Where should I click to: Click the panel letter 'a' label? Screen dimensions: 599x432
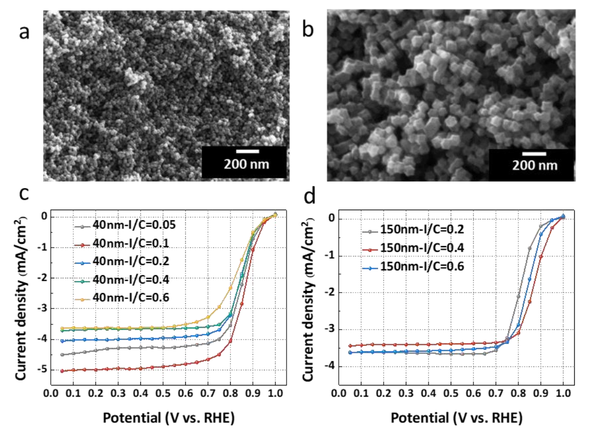(x=24, y=32)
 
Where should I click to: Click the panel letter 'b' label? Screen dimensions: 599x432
(x=308, y=29)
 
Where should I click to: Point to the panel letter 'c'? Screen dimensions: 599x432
(x=24, y=194)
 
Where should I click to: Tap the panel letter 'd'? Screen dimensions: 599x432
(x=309, y=195)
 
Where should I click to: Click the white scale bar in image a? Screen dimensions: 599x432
(x=248, y=152)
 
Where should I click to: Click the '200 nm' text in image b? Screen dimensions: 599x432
(x=535, y=165)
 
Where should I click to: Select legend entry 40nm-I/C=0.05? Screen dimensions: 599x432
(x=125, y=225)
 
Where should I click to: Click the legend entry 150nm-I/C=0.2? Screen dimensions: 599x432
(x=413, y=229)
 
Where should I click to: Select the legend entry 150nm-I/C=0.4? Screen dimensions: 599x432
(x=413, y=248)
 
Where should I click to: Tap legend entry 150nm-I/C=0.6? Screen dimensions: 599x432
(x=413, y=266)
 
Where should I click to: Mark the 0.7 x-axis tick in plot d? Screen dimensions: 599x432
(x=496, y=393)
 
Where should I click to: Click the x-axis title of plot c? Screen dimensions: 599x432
(x=168, y=418)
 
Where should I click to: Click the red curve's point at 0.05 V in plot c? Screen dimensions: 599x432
(x=62, y=371)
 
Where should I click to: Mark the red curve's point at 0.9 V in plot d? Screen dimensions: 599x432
(x=540, y=257)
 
